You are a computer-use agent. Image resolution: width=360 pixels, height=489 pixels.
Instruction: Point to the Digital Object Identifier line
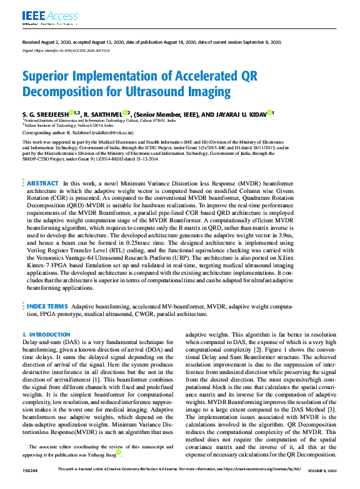point(66,51)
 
